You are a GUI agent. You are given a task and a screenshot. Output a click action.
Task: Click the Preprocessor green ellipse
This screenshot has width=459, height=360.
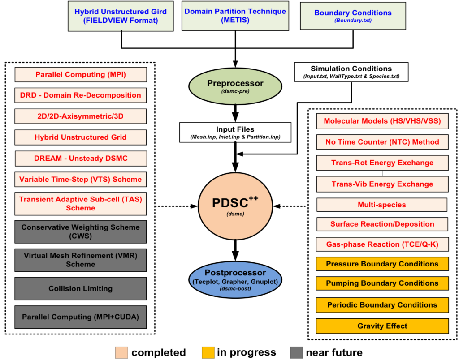pos(235,86)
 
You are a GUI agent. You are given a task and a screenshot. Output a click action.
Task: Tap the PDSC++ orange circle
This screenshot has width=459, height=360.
pos(235,207)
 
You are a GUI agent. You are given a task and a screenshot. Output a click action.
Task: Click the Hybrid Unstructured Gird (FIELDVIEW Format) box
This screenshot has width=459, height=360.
pos(121,17)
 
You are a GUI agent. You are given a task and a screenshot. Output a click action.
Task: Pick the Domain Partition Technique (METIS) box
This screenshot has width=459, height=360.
pos(235,17)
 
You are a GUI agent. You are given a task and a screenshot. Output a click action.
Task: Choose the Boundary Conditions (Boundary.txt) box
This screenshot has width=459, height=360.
pos(353,16)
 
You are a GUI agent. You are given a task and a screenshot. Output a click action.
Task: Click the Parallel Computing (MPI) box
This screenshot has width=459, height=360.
pos(81,75)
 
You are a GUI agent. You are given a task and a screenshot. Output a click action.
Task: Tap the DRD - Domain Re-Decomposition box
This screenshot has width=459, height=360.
pos(81,95)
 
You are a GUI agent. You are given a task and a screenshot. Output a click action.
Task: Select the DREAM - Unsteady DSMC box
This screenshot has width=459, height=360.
pos(81,159)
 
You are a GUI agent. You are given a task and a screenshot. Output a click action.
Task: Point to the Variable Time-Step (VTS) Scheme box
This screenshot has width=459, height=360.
pos(81,180)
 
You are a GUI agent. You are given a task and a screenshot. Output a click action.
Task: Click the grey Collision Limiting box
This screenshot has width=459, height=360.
pos(81,289)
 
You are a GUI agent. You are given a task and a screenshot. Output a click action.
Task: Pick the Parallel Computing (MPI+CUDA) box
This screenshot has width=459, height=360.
pos(81,317)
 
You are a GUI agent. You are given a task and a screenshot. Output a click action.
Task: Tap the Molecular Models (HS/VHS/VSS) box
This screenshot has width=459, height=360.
pos(382,121)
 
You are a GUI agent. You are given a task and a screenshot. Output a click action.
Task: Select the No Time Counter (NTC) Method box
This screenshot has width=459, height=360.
pos(382,142)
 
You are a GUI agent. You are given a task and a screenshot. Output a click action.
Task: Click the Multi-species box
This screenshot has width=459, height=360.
pos(382,205)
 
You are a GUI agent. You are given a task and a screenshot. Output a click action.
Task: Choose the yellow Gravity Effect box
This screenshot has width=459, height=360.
pos(382,326)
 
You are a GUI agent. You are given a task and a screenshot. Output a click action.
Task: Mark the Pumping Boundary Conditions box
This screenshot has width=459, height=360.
pos(382,283)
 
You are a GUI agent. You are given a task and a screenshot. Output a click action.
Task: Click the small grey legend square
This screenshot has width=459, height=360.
pos(296,352)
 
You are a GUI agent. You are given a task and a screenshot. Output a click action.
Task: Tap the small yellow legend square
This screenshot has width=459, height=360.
pos(208,352)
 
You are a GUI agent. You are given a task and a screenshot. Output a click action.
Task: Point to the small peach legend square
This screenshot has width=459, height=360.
pos(121,352)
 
